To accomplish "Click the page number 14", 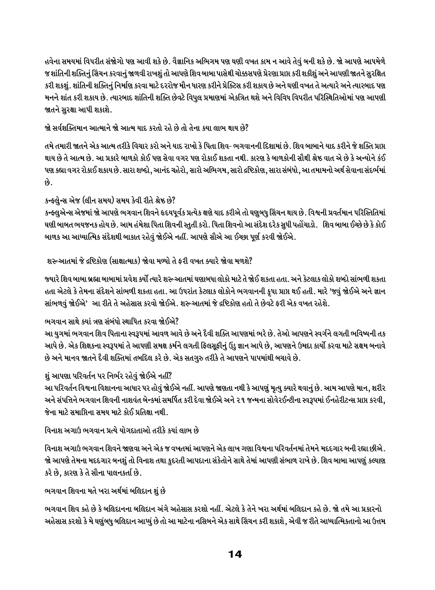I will (x=234, y=554).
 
